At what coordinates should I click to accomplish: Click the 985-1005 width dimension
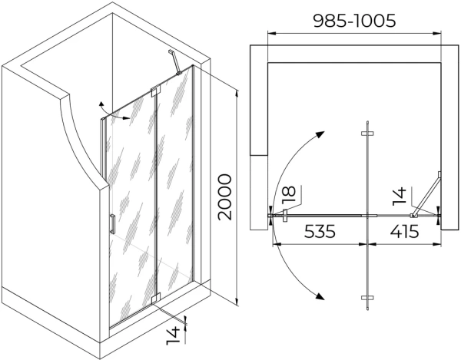click(x=354, y=21)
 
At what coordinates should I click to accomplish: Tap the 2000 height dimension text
click(x=225, y=197)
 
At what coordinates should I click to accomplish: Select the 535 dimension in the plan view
click(x=320, y=231)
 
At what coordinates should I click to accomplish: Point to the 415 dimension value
click(x=404, y=231)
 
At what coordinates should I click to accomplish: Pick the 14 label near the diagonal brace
click(x=400, y=196)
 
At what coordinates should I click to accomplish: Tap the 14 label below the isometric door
click(x=173, y=335)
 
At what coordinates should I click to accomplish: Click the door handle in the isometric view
click(x=112, y=223)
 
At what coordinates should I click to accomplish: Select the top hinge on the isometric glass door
click(x=155, y=91)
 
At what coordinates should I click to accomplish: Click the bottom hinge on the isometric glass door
click(x=155, y=299)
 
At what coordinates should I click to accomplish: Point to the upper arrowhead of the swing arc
click(x=320, y=135)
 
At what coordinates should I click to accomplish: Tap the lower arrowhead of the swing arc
click(x=320, y=296)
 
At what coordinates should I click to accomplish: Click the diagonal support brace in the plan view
click(x=426, y=195)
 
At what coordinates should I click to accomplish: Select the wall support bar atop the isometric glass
click(x=174, y=62)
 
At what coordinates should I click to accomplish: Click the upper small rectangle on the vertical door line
click(x=367, y=134)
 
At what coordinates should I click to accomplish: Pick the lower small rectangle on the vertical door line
click(x=367, y=298)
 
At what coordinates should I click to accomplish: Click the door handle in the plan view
click(x=284, y=216)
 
